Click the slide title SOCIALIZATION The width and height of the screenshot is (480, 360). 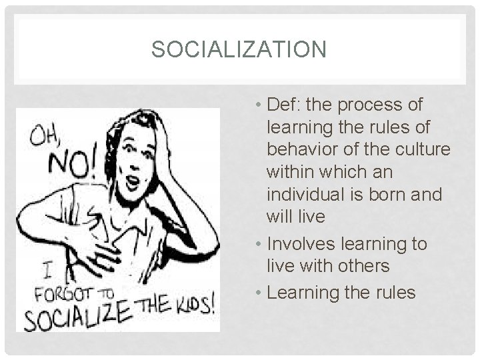(x=239, y=50)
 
